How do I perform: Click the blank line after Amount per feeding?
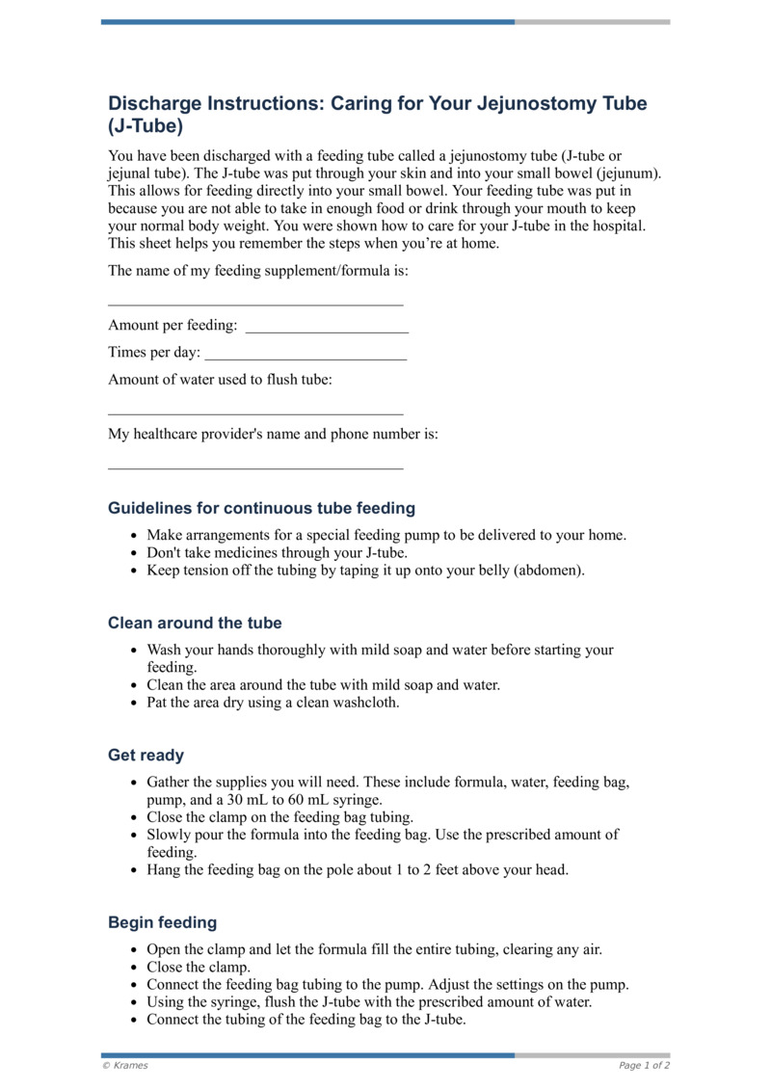[x=327, y=332]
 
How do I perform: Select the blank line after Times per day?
[x=306, y=359]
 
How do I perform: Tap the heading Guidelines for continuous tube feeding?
[x=261, y=508]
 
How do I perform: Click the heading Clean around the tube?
[x=195, y=623]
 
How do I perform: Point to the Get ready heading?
[x=146, y=756]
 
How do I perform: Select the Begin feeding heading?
[x=162, y=922]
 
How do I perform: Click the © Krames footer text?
[x=125, y=1065]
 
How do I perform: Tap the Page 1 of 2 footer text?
[x=644, y=1065]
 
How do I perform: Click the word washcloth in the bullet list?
[x=365, y=703]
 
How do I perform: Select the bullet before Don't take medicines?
[x=133, y=553]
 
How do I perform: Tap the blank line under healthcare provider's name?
[x=255, y=468]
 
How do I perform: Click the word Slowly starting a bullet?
[x=169, y=835]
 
